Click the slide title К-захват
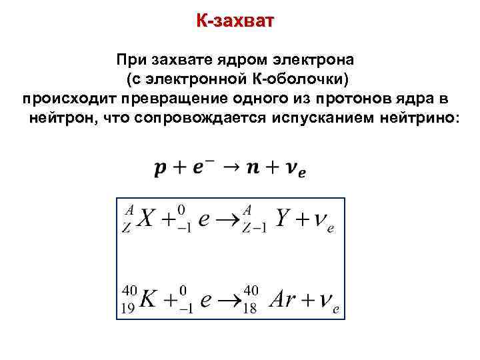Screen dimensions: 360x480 pos(235,21)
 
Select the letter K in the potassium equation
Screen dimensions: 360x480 pos(149,300)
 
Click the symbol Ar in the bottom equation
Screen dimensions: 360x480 pos(283,300)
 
